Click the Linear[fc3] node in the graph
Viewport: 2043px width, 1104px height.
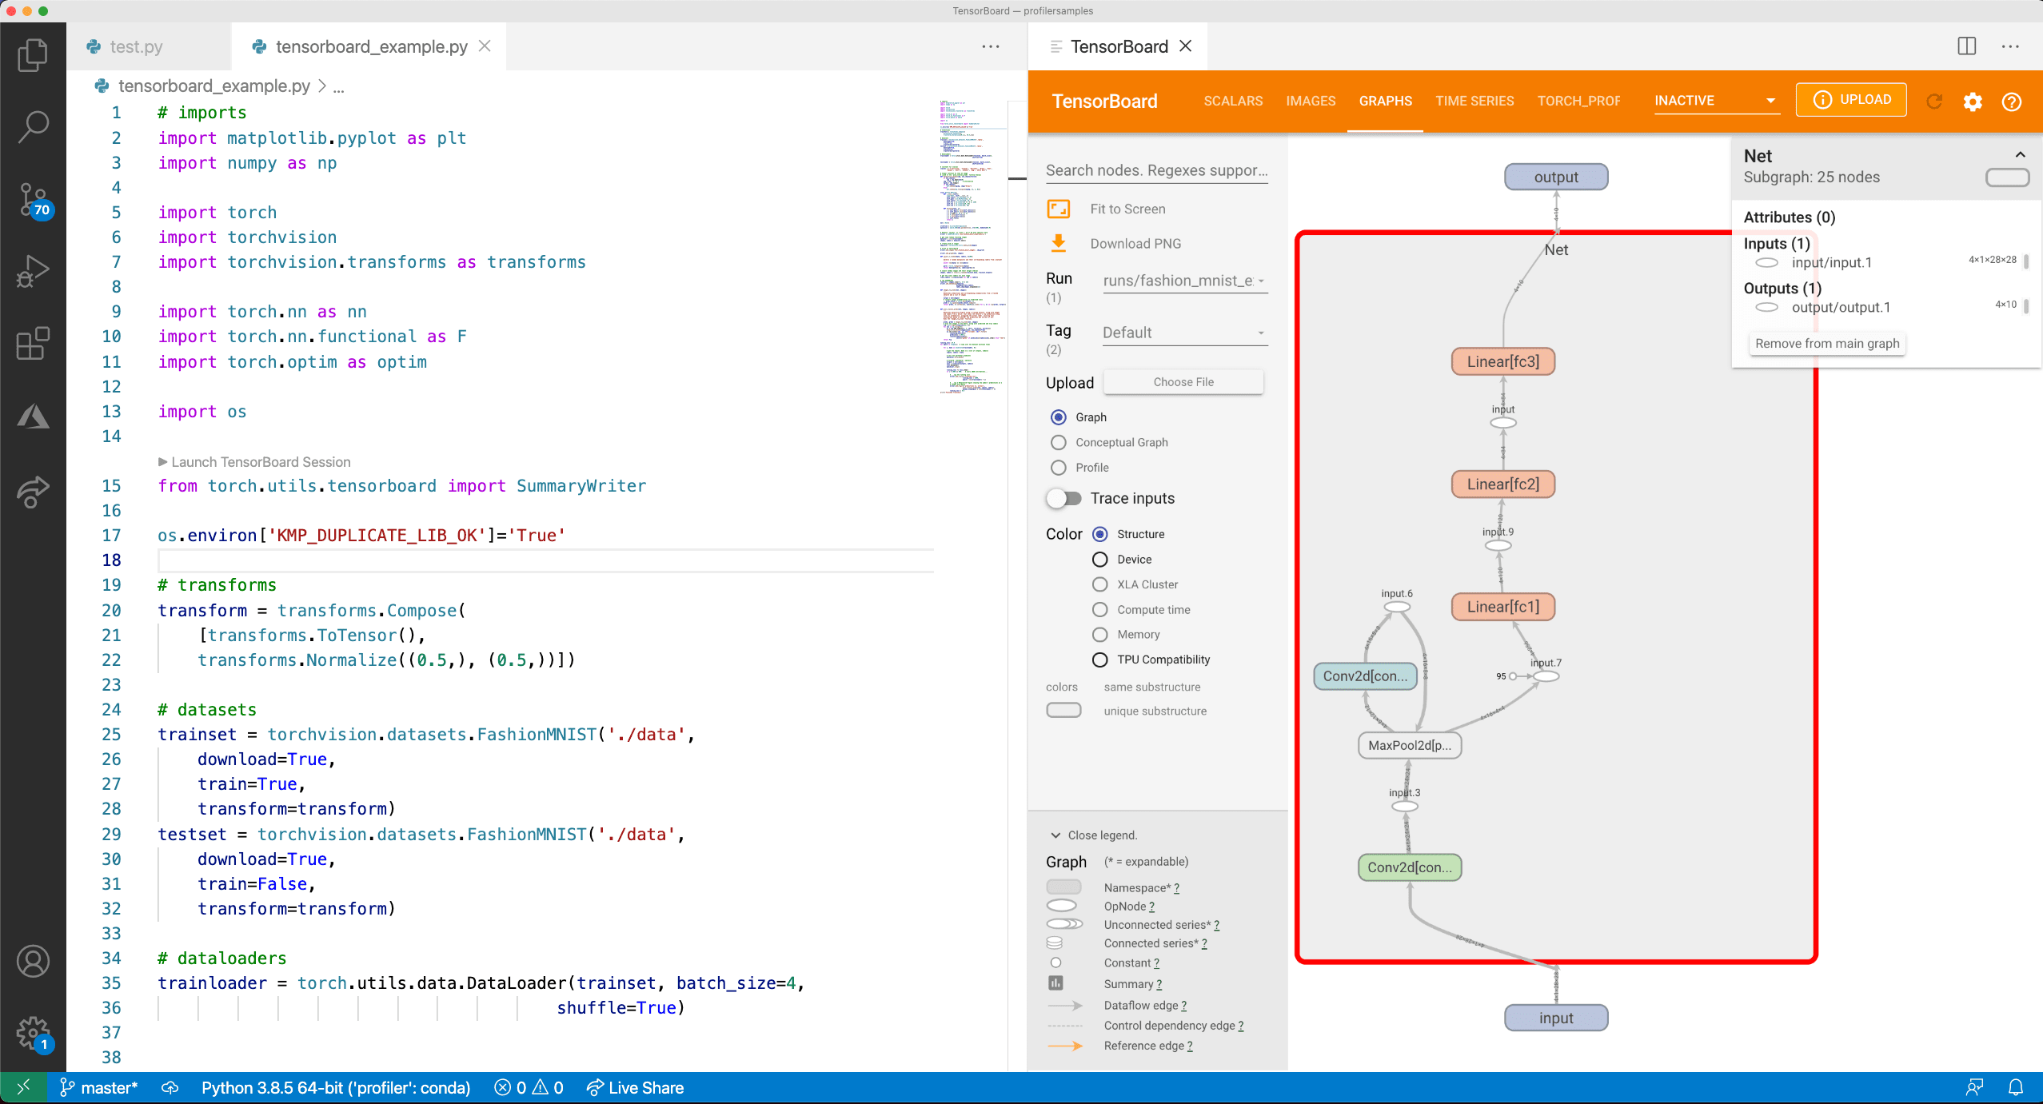pyautogui.click(x=1502, y=361)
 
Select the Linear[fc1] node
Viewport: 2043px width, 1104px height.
pyautogui.click(x=1502, y=607)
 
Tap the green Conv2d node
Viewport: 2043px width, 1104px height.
pyautogui.click(x=1409, y=867)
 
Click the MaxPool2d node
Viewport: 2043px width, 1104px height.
pyautogui.click(x=1409, y=745)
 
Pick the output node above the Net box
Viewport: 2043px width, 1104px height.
pyautogui.click(x=1555, y=177)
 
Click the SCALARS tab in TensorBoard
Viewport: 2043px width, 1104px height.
pyautogui.click(x=1233, y=101)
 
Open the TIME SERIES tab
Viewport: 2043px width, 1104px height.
pyautogui.click(x=1474, y=101)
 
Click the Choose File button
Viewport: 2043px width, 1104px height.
pyautogui.click(x=1183, y=382)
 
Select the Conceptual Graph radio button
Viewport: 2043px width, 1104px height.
pyautogui.click(x=1059, y=442)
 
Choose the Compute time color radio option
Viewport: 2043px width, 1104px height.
pyautogui.click(x=1100, y=609)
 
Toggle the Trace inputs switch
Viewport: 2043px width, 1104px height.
pyautogui.click(x=1064, y=498)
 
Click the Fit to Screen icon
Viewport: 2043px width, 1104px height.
pyautogui.click(x=1059, y=209)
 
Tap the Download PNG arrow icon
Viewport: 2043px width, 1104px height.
pyautogui.click(x=1059, y=243)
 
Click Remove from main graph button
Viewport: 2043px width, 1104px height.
pyautogui.click(x=1826, y=343)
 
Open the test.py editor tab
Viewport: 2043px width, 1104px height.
pyautogui.click(x=136, y=46)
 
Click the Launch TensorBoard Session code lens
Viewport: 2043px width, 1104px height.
pyautogui.click(x=261, y=462)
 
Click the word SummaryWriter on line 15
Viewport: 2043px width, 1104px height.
pyautogui.click(x=581, y=486)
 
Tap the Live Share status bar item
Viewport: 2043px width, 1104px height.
pyautogui.click(x=636, y=1087)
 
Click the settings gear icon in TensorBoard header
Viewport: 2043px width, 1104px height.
pyautogui.click(x=1973, y=102)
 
